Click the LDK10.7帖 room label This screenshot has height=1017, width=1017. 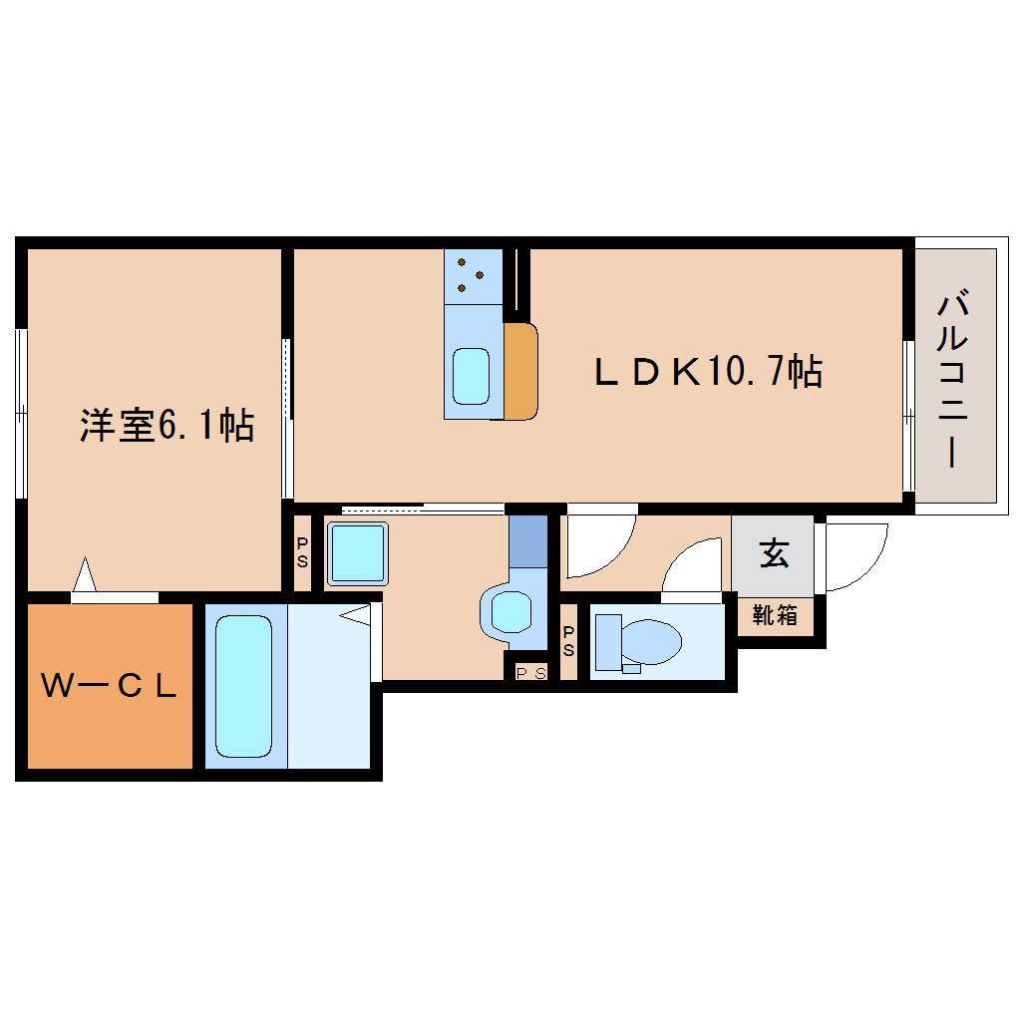tap(708, 372)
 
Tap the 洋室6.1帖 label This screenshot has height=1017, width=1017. tap(167, 425)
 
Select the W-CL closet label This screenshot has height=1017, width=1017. tap(109, 685)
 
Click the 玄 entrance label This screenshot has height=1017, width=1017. tap(774, 553)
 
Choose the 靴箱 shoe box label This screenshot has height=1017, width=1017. tap(775, 615)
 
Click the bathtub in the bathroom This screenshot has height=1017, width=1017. tap(244, 685)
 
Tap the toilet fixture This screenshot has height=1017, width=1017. tap(638, 641)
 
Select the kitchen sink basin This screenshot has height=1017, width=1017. tap(472, 376)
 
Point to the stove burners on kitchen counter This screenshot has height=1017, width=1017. tap(471, 274)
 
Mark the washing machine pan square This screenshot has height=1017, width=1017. tap(357, 553)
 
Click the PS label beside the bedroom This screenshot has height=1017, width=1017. tap(302, 551)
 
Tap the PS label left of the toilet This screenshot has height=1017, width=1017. tap(568, 641)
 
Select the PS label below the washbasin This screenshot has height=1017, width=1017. tap(530, 672)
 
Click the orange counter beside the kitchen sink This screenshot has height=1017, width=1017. tap(519, 371)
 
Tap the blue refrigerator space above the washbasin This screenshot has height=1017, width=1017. tap(528, 541)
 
